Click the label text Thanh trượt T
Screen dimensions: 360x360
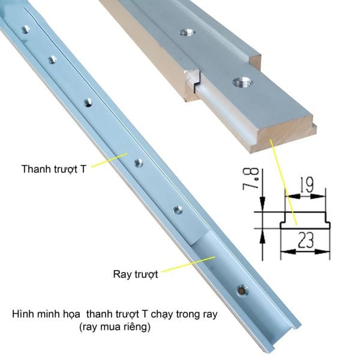click(x=54, y=169)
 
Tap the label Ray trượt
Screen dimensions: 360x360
click(x=136, y=274)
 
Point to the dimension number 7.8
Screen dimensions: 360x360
click(x=250, y=179)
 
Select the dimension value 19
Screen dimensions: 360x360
click(x=307, y=185)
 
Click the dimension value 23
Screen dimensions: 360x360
click(x=306, y=240)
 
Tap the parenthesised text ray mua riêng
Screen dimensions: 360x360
click(x=115, y=327)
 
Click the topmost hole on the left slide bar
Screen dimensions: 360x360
click(x=25, y=29)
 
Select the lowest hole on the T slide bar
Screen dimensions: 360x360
click(x=178, y=209)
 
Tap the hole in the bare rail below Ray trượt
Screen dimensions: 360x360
click(x=242, y=290)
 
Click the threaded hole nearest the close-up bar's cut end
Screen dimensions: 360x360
click(x=242, y=82)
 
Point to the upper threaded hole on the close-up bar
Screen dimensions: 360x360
click(x=187, y=32)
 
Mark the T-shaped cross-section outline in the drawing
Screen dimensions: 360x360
click(x=305, y=220)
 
